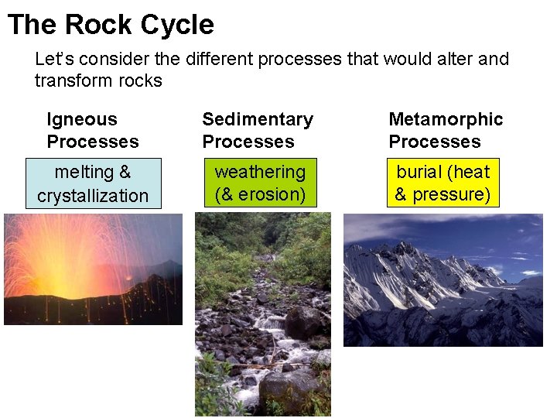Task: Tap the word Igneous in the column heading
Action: coord(82,119)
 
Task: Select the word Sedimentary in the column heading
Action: coord(258,119)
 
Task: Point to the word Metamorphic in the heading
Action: coord(446,119)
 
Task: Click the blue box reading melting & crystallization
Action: coord(93,183)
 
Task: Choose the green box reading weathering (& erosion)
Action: coord(260,183)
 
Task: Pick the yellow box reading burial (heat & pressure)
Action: coord(443,183)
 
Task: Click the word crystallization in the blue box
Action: coord(93,196)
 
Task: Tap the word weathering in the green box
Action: coord(260,172)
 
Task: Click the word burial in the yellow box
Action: coord(419,172)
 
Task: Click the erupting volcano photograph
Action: coord(93,269)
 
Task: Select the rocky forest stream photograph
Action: coord(262,314)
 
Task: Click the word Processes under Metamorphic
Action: coord(434,142)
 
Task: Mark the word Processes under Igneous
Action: coord(93,142)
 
